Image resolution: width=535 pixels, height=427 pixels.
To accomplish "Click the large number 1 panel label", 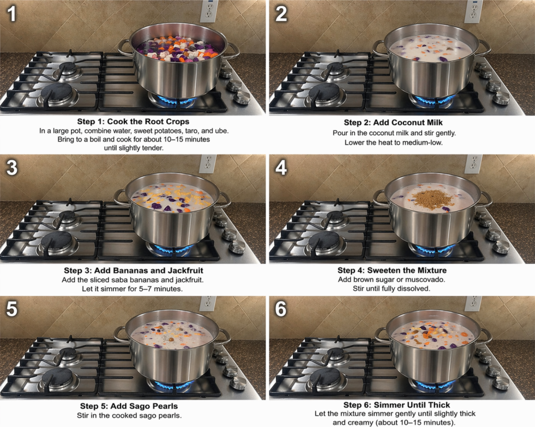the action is pyautogui.click(x=12, y=14).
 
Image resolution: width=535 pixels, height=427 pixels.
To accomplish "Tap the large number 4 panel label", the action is pyautogui.click(x=281, y=168).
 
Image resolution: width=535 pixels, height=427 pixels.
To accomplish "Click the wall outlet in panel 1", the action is pyautogui.click(x=209, y=11).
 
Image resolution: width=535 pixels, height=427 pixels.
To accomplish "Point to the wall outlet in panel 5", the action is pyautogui.click(x=208, y=303).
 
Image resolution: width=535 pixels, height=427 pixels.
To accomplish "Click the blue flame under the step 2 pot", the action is pyautogui.click(x=433, y=100).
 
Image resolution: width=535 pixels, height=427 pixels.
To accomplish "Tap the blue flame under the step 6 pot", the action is pyautogui.click(x=433, y=385).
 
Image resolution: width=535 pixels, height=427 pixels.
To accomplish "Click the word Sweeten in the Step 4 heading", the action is pyautogui.click(x=380, y=270).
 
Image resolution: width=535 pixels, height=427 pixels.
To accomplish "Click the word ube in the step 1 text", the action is pyautogui.click(x=223, y=131).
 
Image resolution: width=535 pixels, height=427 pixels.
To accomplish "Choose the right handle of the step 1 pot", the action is pyautogui.click(x=234, y=51).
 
